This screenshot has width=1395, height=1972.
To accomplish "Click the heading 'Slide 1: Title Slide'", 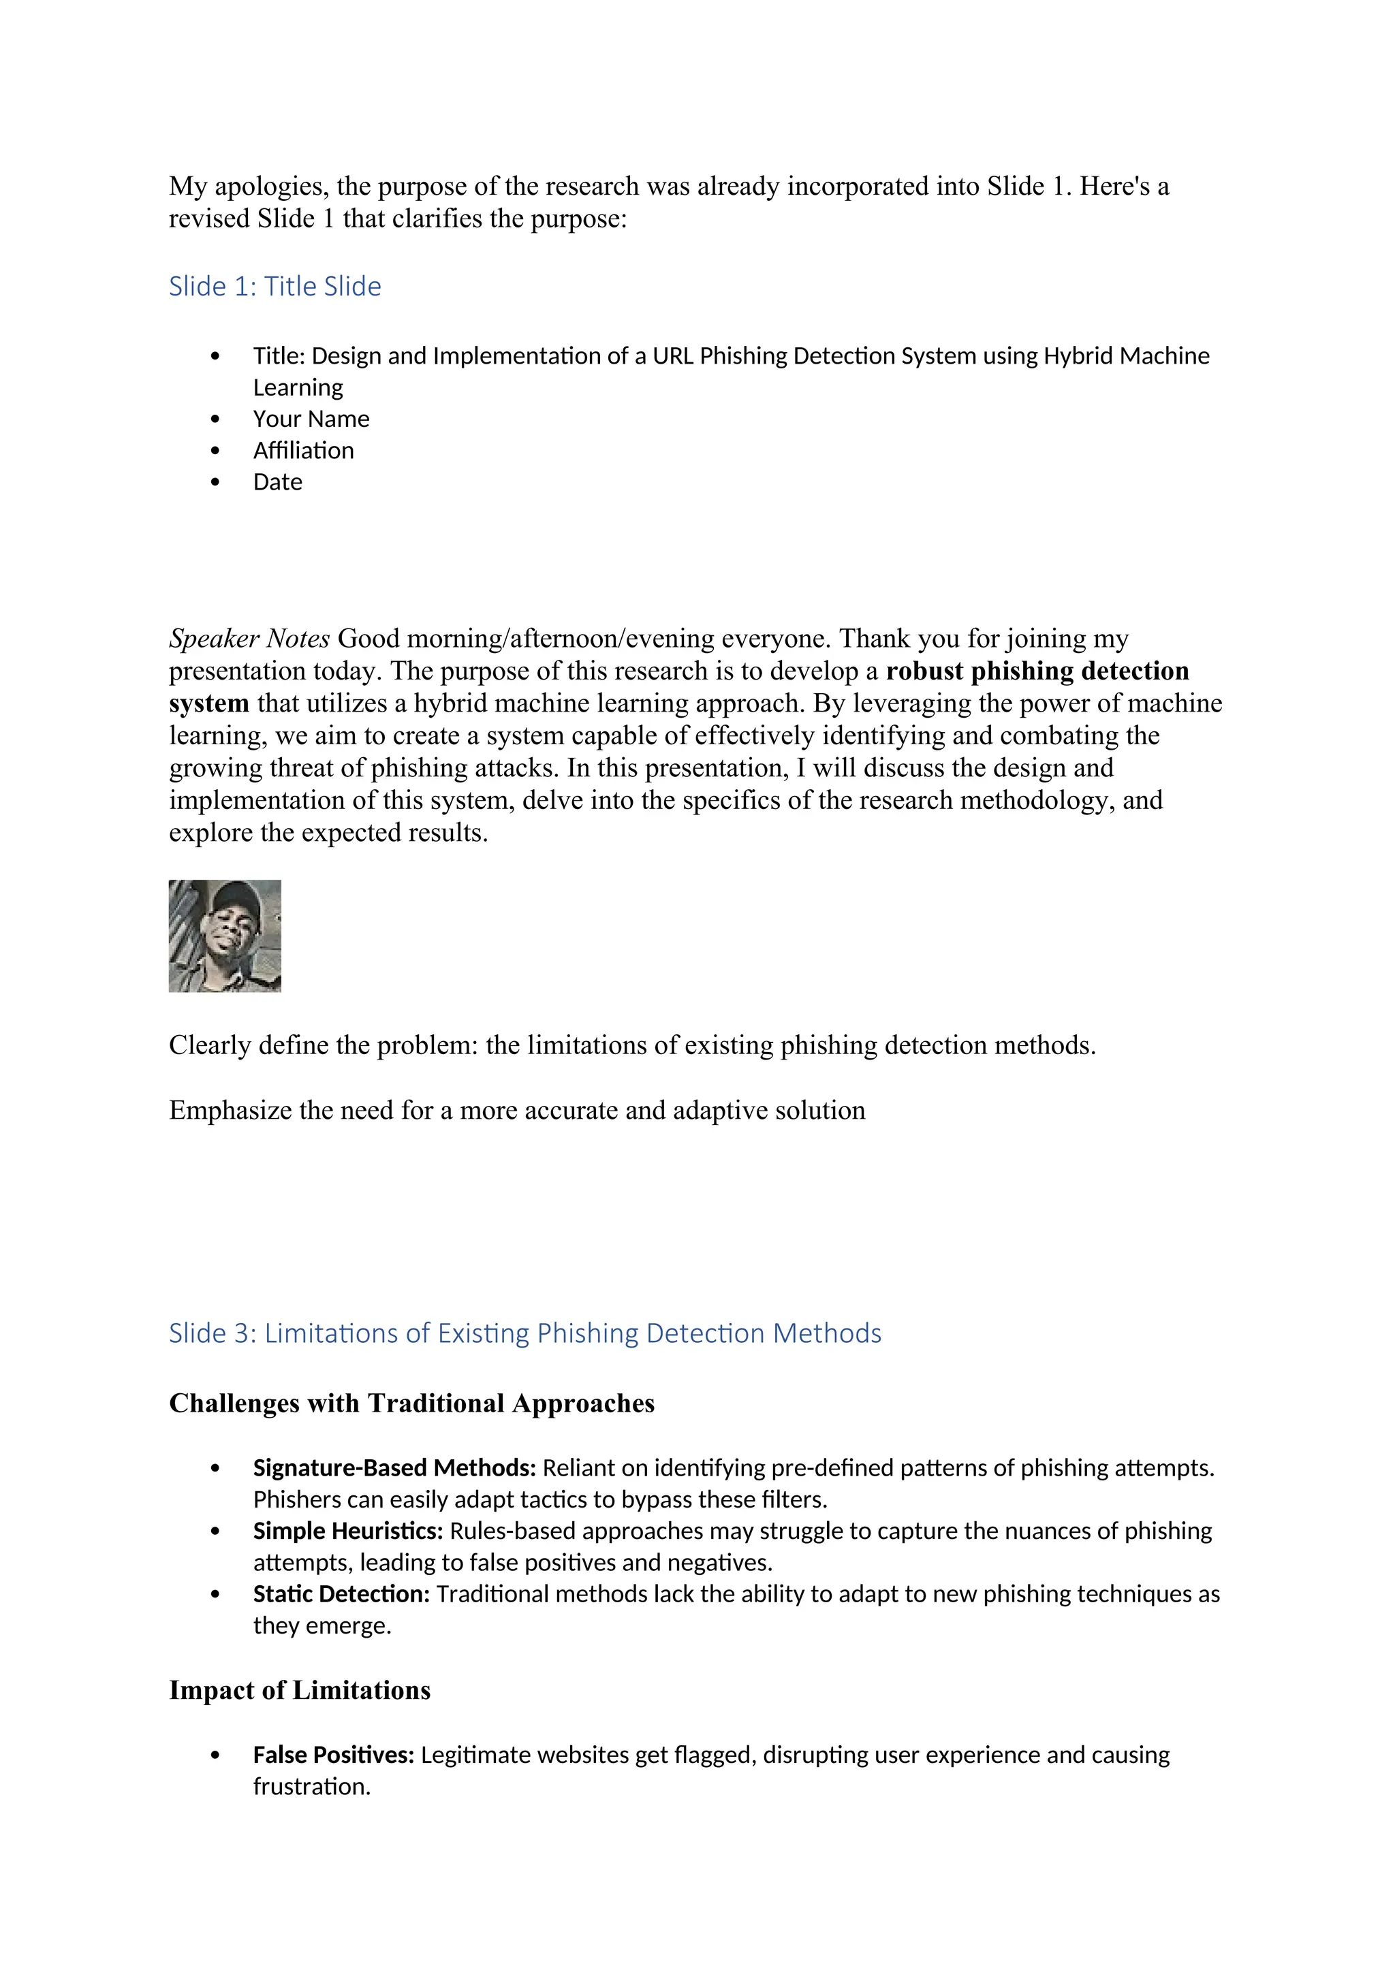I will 275,286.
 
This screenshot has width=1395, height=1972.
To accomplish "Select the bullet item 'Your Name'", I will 311,419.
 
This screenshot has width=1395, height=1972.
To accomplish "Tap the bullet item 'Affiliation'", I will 303,451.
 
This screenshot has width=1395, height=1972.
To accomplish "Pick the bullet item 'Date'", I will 277,483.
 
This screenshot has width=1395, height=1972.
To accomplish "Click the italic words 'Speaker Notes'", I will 249,639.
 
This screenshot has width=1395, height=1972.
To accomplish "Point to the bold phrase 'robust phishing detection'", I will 1037,671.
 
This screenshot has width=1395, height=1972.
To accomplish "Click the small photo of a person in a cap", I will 225,936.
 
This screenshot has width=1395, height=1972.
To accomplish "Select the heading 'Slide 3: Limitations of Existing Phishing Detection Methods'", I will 525,1333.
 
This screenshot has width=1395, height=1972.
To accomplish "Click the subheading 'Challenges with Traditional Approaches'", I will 411,1403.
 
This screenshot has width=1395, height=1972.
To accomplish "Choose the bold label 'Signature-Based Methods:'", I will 394,1468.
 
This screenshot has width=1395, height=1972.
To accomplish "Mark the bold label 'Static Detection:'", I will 341,1594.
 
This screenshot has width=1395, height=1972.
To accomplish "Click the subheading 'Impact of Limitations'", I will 300,1690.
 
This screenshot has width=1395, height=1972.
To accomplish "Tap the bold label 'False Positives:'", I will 333,1755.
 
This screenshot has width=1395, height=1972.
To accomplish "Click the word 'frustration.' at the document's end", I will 312,1787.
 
